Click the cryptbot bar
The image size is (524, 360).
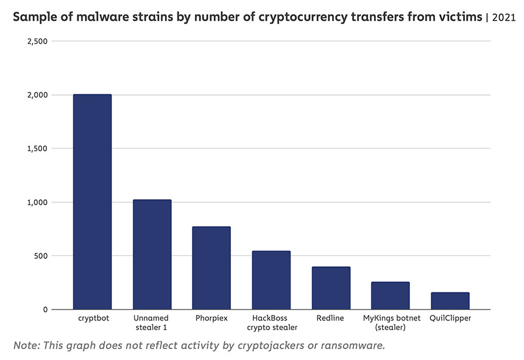coord(92,202)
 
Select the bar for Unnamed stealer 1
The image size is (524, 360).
coord(152,255)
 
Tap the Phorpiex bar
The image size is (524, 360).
coord(211,268)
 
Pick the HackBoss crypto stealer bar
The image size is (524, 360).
coord(271,280)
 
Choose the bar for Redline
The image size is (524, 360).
coord(331,288)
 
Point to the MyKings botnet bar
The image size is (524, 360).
coord(390,295)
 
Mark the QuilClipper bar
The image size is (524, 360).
coord(450,301)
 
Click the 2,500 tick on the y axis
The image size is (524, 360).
coord(37,41)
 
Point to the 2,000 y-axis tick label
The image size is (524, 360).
coord(37,95)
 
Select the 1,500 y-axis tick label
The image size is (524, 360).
coord(37,149)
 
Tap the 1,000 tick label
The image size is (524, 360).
coord(37,202)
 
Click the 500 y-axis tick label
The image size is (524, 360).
coord(41,256)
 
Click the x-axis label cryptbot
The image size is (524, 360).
coord(92,319)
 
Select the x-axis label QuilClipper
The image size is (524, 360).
coord(450,319)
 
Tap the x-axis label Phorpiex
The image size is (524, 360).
coord(211,319)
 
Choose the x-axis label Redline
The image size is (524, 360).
coord(331,319)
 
